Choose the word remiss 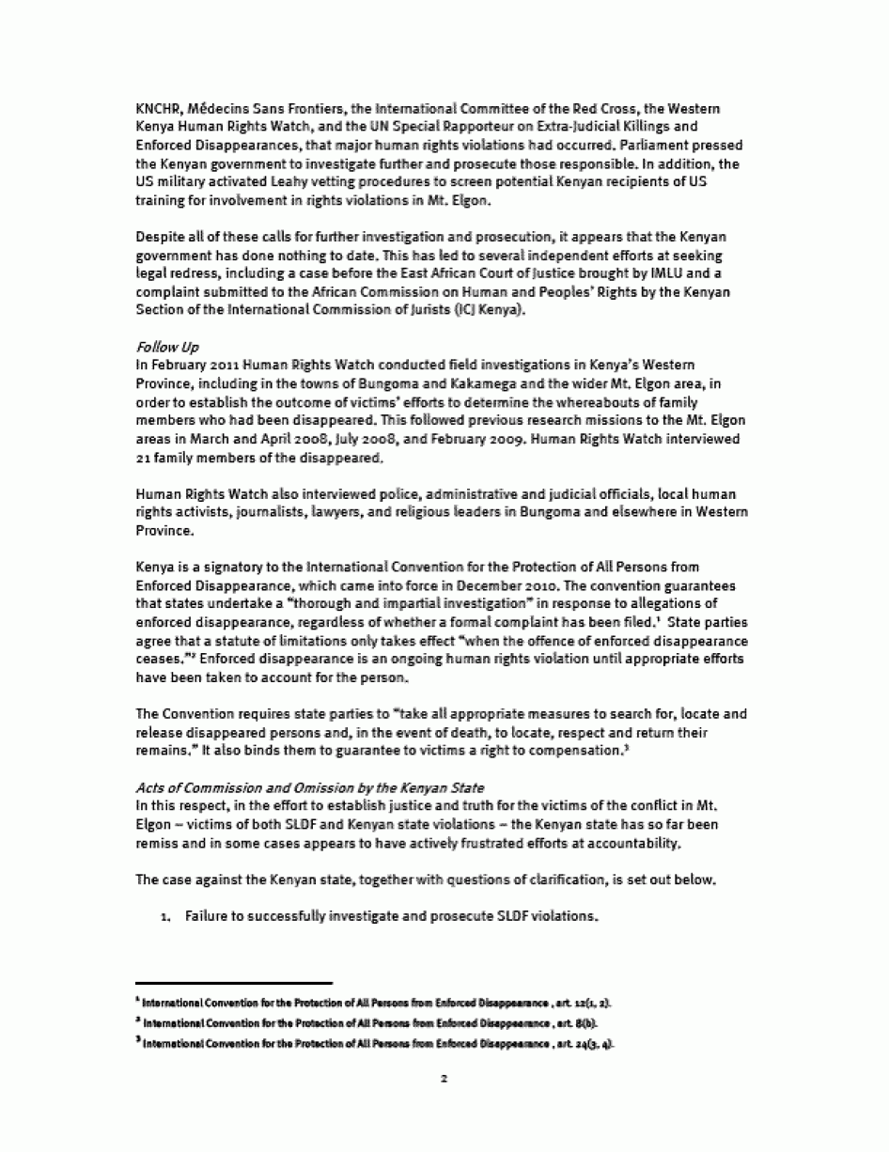[x=157, y=845]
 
